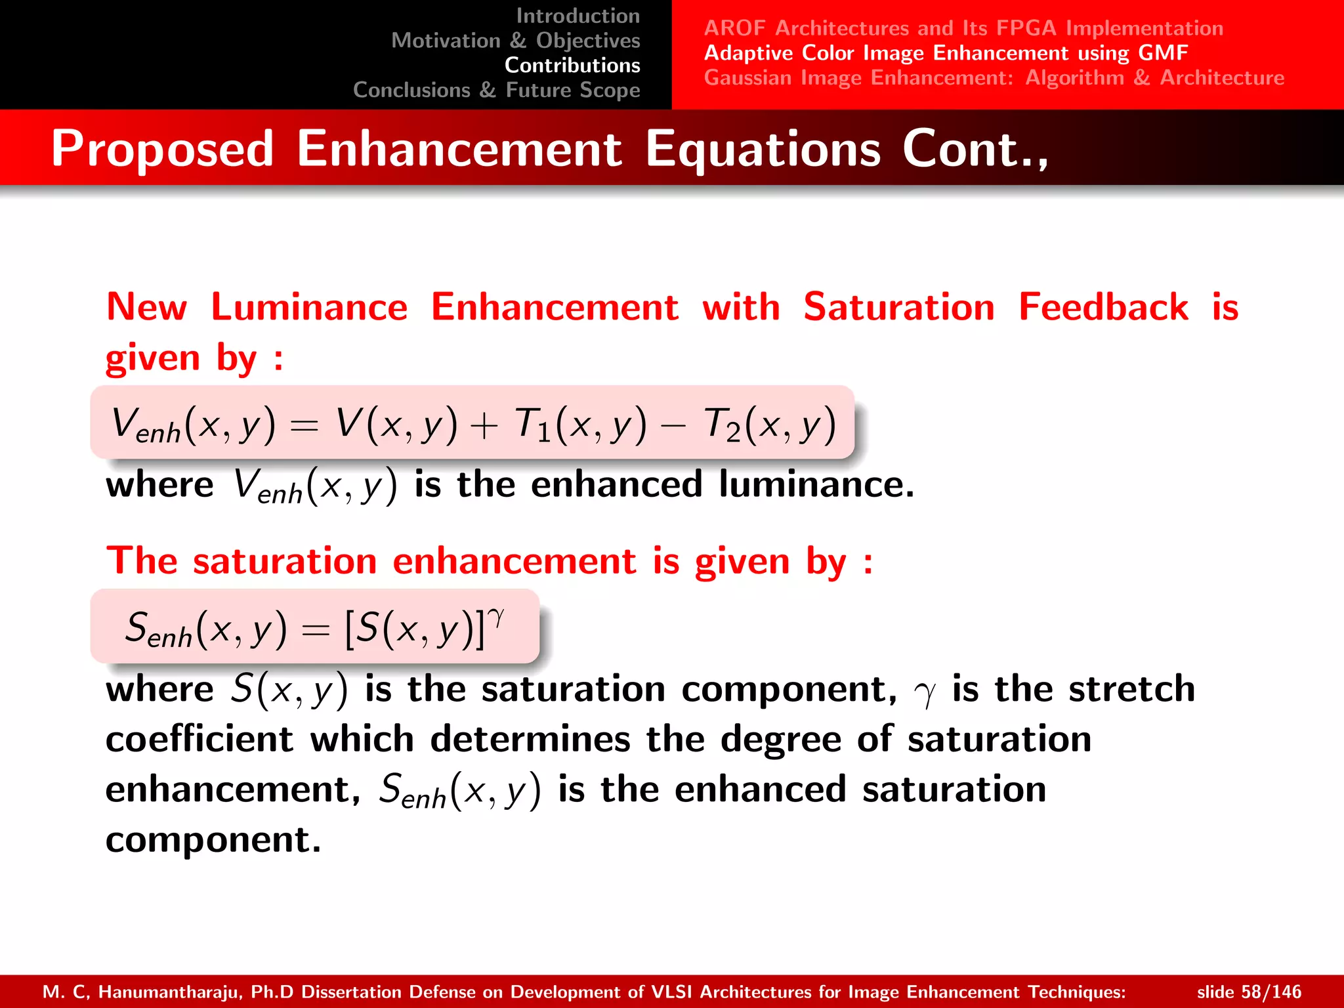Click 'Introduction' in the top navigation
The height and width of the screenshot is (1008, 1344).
577,16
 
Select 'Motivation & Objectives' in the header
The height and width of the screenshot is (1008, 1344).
515,41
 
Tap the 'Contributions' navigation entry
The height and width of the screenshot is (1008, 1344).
572,66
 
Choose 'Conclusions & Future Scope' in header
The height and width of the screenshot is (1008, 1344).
496,90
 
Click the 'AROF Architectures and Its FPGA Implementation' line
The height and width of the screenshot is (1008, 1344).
963,28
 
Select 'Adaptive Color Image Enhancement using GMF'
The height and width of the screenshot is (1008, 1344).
946,53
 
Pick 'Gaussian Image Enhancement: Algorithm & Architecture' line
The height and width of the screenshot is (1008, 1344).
994,78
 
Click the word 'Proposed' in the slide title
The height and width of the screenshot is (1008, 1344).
162,149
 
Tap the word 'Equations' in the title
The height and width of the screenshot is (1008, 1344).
763,150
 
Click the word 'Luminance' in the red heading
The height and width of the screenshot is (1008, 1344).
309,307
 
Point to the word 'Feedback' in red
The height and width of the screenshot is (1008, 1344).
1103,307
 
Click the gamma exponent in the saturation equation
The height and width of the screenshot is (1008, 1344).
497,617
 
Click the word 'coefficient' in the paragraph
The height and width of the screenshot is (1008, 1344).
199,740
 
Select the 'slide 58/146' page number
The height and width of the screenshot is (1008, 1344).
1248,992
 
